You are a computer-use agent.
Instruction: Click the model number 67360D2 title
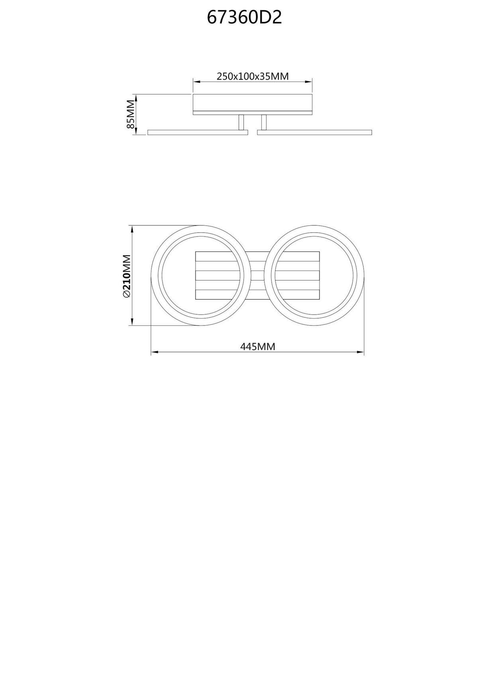pos(244,18)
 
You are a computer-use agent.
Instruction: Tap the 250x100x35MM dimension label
pos(252,76)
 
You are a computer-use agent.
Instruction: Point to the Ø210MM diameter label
pos(127,276)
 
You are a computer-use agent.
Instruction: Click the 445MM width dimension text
pos(258,347)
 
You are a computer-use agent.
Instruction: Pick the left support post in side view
pos(241,122)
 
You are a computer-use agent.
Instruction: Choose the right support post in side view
pos(263,122)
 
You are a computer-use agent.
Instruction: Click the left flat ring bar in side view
pos(198,132)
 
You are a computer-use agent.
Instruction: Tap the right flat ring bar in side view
pos(315,132)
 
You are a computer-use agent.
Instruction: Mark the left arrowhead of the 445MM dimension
pos(154,352)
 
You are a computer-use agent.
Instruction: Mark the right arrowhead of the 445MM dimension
pos(362,352)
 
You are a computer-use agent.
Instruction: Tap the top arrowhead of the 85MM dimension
pos(136,97)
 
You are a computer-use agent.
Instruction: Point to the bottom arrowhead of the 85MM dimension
pos(136,131)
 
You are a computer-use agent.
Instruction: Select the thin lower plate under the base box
pos(252,113)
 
